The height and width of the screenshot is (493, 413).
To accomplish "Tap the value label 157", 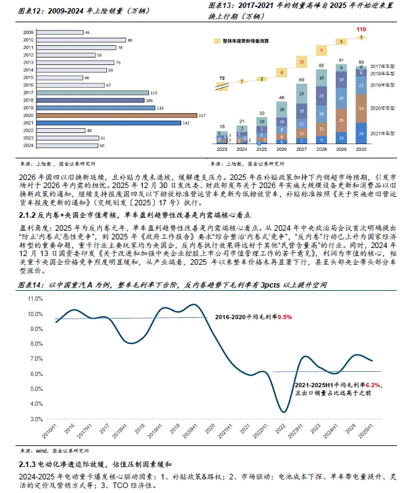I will [x=199, y=116].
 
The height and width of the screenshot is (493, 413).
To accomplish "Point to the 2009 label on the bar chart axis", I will [x=28, y=32].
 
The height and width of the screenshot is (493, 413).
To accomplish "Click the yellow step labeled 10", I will [x=300, y=61].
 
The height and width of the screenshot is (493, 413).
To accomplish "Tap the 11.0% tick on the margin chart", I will [x=40, y=298].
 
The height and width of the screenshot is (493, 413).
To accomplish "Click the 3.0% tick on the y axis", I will [x=41, y=419].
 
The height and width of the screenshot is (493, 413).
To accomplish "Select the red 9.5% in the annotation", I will [x=284, y=317].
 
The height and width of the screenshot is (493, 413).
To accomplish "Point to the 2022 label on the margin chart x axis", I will [x=281, y=429].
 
